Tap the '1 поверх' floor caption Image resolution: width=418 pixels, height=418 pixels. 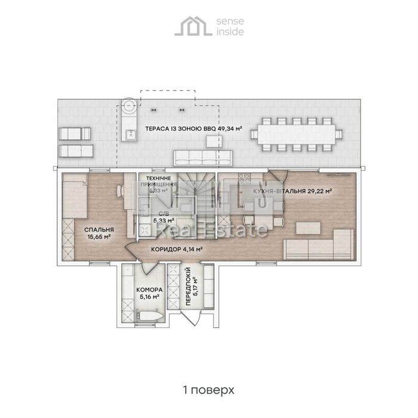[208, 389]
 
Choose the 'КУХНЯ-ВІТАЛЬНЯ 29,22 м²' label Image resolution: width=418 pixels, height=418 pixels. [293, 192]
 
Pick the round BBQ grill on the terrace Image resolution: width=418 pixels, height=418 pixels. [129, 106]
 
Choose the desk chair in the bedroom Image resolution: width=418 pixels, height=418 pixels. [120, 191]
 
